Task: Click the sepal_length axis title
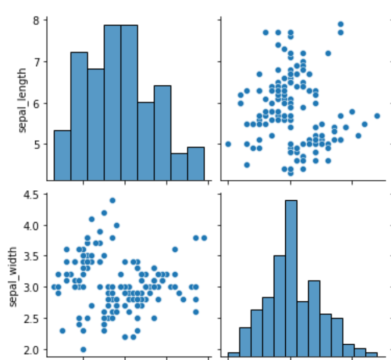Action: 22,100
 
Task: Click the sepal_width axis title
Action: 12,277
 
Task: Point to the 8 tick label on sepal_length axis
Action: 36,21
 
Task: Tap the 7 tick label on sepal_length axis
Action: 36,62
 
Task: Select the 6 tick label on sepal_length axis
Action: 36,103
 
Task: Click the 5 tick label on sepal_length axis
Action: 36,144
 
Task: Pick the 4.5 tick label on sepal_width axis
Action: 31,195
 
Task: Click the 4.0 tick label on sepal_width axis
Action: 31,226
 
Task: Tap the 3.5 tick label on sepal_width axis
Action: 31,256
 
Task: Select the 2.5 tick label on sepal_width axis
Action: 31,319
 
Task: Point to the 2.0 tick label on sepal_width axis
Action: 31,350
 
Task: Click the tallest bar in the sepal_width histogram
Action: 291,278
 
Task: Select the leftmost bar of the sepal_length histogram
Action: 62,155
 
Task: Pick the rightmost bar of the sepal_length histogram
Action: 196,164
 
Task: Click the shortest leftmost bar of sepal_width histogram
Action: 234,354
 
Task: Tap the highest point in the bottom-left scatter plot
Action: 112,200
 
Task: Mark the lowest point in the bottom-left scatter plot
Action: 83,350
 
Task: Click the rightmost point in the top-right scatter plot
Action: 377,116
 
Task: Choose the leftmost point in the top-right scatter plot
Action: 228,144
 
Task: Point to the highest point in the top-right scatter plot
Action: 341,24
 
